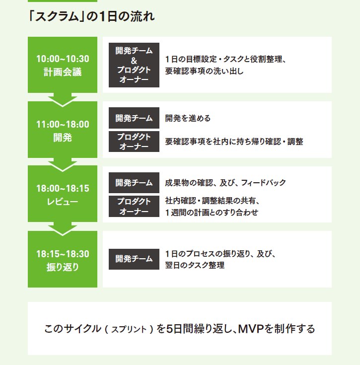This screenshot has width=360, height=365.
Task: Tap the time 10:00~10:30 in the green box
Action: point(63,59)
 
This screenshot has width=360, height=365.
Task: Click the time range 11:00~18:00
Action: point(63,124)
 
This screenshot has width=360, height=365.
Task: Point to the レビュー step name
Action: point(63,202)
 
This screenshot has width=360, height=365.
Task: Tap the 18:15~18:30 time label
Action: point(63,254)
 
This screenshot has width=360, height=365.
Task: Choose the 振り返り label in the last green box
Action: point(63,267)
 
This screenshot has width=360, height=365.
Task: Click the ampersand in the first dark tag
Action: point(134,61)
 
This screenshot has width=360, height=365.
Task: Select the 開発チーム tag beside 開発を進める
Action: point(134,118)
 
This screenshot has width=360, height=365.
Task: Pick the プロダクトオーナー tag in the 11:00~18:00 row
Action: point(134,142)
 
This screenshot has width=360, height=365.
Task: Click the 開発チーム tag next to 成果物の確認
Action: point(134,183)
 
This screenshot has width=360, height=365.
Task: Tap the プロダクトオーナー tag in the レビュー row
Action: point(134,206)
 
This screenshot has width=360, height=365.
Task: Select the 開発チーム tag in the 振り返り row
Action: point(134,259)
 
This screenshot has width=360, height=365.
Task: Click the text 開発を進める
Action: point(188,118)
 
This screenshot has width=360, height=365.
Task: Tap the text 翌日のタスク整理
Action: point(195,265)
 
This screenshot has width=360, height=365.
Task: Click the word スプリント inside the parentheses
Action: point(129,329)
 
